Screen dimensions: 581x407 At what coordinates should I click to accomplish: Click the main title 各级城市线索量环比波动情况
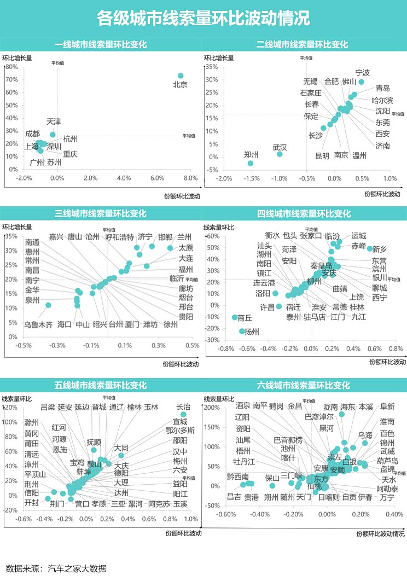click(x=203, y=19)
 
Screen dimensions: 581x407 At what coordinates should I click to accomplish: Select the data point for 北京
click(x=181, y=76)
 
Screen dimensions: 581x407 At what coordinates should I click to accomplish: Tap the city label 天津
click(x=54, y=121)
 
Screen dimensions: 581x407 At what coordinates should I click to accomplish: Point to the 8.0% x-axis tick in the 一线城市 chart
click(x=190, y=178)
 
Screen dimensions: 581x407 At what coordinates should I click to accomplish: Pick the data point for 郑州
click(x=251, y=163)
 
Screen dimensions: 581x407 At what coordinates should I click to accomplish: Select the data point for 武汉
click(x=280, y=154)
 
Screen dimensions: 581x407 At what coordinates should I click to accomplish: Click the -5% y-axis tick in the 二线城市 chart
click(x=212, y=170)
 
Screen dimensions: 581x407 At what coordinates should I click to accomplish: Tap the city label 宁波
click(x=363, y=73)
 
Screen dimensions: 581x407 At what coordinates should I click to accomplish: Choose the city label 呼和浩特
click(x=119, y=237)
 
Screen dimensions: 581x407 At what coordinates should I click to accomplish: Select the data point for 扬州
click(x=242, y=331)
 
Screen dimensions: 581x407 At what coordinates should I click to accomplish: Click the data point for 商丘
click(x=235, y=317)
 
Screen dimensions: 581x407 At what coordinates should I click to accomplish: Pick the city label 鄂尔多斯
click(x=180, y=431)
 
